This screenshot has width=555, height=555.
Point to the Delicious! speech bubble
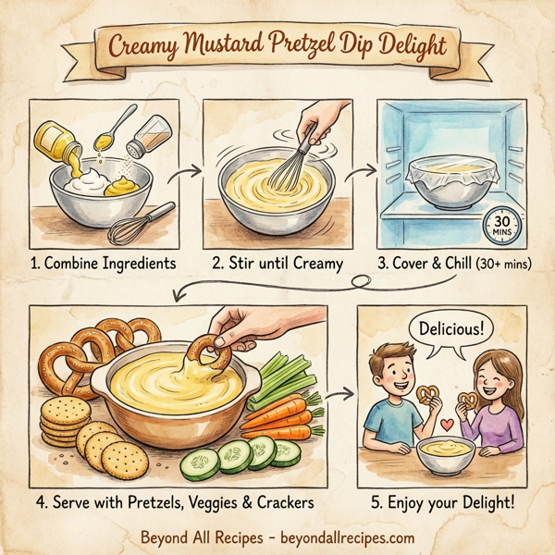pyautogui.click(x=450, y=329)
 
